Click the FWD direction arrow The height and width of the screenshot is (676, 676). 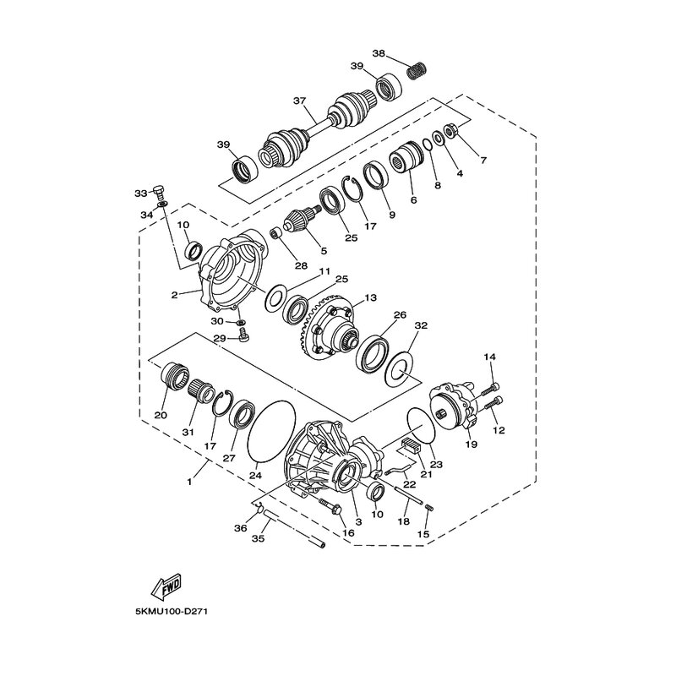click(166, 588)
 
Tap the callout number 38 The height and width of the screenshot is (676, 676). click(379, 54)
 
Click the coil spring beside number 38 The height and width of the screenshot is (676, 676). click(417, 71)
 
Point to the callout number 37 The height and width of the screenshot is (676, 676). click(299, 101)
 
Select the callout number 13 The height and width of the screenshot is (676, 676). click(370, 297)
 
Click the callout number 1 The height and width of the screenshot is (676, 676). click(189, 482)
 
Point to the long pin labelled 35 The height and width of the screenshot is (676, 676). click(295, 528)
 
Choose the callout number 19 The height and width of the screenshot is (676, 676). click(472, 444)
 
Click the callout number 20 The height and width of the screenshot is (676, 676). click(161, 415)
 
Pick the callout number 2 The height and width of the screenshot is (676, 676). click(174, 295)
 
